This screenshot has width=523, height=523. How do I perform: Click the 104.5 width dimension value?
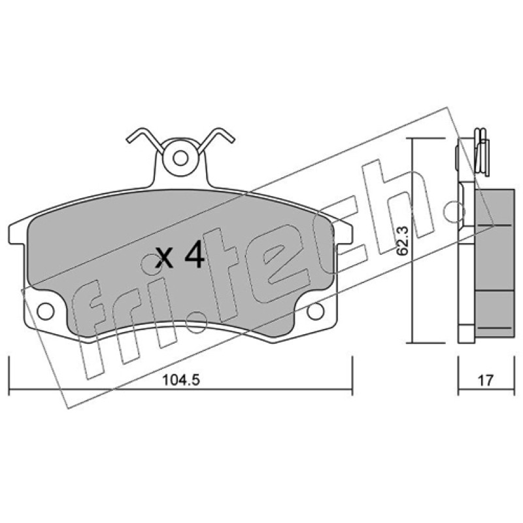pos(181,380)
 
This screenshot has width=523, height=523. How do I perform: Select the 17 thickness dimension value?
pos(486,380)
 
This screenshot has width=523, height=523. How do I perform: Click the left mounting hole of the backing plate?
pos(45,311)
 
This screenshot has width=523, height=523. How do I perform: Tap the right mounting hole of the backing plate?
pos(315,311)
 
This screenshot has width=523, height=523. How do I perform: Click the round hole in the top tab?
pos(181,158)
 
